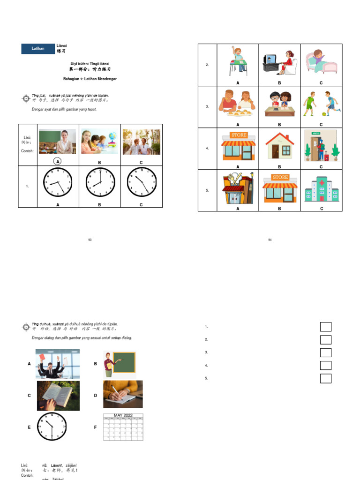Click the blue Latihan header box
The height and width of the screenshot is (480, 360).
37,48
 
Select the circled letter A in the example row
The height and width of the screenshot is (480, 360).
58,161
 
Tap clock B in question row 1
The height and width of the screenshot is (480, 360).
100,182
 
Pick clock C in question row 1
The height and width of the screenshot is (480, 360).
142,182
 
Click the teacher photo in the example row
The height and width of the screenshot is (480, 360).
57,142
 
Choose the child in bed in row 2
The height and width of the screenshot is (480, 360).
321,61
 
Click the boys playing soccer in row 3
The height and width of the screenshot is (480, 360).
321,105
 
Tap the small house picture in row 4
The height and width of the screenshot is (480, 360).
279,146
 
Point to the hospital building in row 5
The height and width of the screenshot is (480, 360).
321,188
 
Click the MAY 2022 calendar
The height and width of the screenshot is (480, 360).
123,427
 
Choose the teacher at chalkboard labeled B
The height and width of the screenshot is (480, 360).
119,364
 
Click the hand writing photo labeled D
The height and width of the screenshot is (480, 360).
123,394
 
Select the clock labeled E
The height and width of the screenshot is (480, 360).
52,427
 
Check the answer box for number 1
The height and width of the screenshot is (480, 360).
325,327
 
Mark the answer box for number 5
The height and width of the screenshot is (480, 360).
325,378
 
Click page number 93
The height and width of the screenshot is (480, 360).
90,240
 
